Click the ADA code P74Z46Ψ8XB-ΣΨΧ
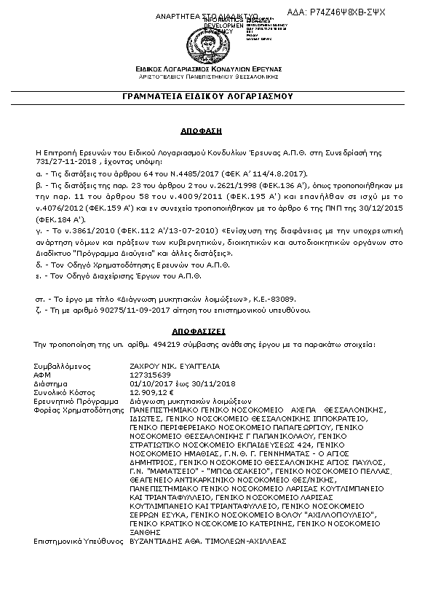point(347,12)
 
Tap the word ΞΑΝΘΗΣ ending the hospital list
point(145,532)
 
